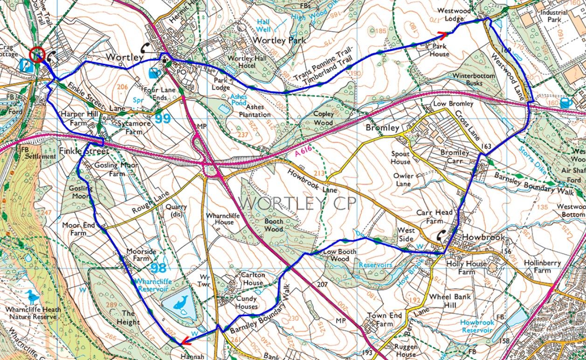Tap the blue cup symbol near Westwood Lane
(565, 103)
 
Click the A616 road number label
(303, 152)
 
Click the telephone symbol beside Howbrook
(440, 236)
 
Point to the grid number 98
(159, 268)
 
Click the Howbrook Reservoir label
(476, 326)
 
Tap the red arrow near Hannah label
(185, 341)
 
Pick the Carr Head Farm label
(434, 216)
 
